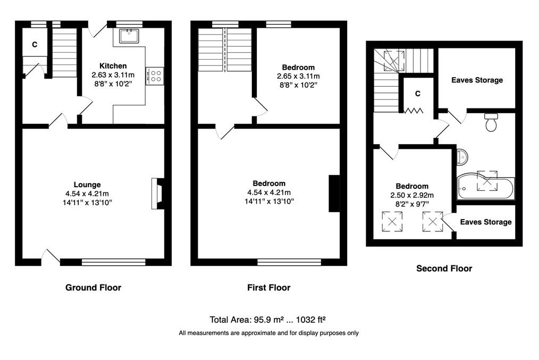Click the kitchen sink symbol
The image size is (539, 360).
(129, 36)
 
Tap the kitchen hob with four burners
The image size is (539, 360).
(155, 76)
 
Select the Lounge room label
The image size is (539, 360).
(87, 185)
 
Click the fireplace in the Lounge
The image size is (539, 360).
(158, 194)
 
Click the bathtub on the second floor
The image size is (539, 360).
(486, 188)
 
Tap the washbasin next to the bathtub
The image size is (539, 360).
(462, 157)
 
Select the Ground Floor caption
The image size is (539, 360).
(93, 288)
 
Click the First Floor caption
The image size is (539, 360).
(269, 288)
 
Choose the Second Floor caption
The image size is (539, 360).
(444, 268)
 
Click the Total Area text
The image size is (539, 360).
(268, 320)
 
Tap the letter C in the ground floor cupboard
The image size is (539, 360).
(35, 44)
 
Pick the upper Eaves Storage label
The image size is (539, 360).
(477, 80)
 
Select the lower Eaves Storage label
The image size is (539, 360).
(486, 222)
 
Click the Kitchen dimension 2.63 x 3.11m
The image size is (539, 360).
(113, 75)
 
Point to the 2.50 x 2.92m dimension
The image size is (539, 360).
(412, 195)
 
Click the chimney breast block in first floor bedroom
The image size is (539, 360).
(334, 194)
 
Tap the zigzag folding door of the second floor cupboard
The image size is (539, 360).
(413, 111)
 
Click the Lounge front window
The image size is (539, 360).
(113, 262)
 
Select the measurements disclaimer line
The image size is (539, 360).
(269, 333)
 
